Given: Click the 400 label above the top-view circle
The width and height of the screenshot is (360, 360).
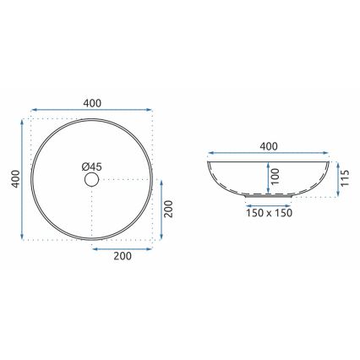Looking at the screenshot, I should (93, 102).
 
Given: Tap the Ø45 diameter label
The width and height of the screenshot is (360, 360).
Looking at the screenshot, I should (94, 167).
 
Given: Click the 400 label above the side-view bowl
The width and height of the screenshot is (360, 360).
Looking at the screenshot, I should (269, 146).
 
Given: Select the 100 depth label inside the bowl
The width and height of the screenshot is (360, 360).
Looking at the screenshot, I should (273, 177).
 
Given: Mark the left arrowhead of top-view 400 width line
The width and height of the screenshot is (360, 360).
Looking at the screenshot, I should (32, 110).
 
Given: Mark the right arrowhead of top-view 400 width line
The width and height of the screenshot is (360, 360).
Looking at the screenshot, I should (153, 110).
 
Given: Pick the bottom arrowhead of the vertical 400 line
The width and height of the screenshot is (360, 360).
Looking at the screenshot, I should (23, 239).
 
